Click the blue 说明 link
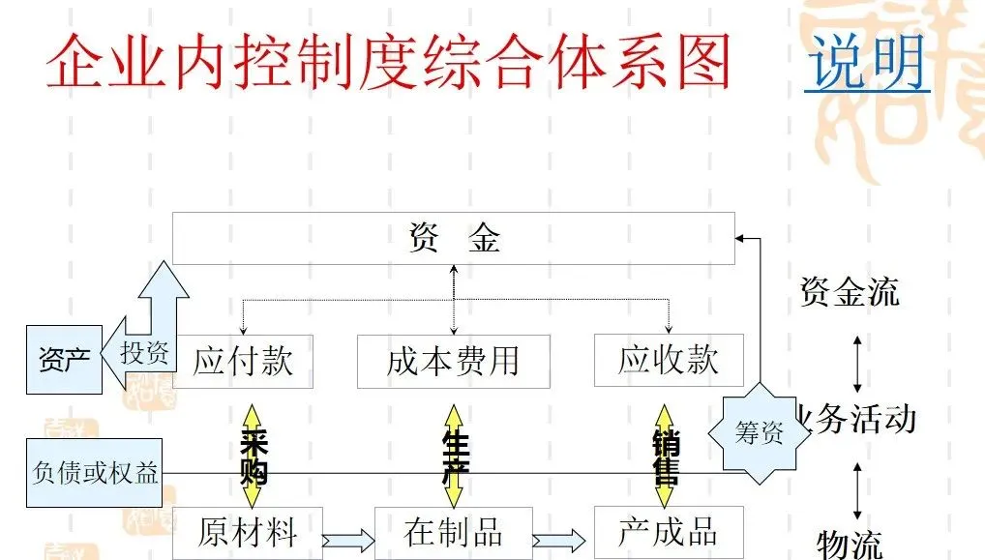(866, 63)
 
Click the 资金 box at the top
(453, 238)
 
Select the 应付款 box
(243, 361)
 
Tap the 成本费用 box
(453, 362)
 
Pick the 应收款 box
(669, 360)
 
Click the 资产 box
(64, 360)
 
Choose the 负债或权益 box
(95, 473)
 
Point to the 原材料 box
(247, 532)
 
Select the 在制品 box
(453, 532)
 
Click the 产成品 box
(669, 532)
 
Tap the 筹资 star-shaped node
(760, 433)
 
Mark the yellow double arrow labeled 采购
(253, 456)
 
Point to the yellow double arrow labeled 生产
(453, 456)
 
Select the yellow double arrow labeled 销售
(665, 456)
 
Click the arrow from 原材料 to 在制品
(347, 540)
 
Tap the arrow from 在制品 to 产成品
(562, 540)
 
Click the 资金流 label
(850, 291)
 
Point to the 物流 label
(850, 544)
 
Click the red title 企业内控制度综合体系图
(387, 63)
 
